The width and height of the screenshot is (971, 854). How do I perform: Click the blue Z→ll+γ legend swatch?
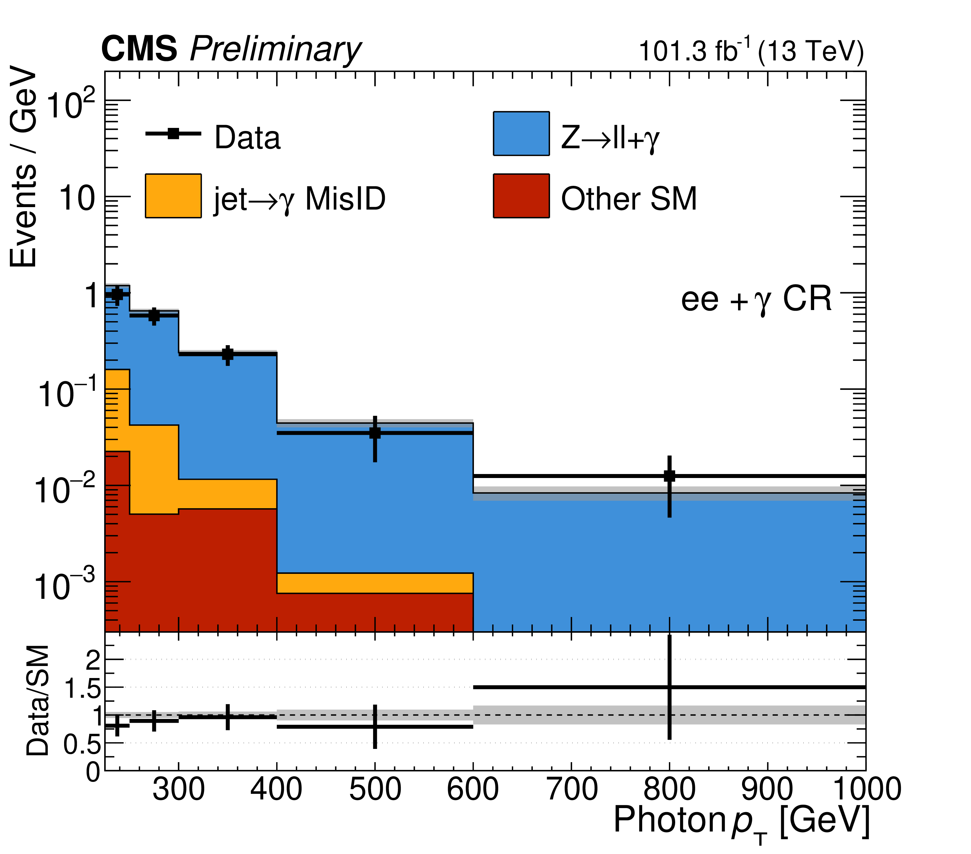pos(521,133)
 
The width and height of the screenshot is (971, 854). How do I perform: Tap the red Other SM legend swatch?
pos(521,196)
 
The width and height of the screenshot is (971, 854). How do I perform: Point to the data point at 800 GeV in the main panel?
pos(669,476)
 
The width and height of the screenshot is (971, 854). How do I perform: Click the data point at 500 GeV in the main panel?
pos(375,433)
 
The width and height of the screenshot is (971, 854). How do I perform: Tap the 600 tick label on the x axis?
pos(473,789)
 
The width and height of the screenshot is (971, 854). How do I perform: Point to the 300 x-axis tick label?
pos(179,789)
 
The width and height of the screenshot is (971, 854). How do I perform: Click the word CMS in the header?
pos(139,49)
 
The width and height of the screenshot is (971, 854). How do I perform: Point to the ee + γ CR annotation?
pos(756,300)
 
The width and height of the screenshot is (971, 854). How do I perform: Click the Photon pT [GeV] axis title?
pos(741,821)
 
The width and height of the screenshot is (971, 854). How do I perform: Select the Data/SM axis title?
pos(38,701)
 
